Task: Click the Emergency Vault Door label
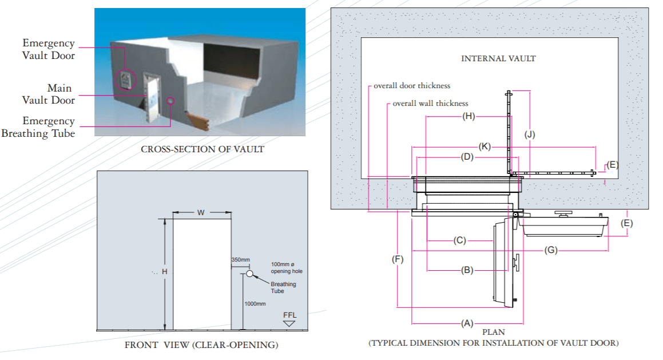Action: [49, 49]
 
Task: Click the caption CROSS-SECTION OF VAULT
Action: [203, 149]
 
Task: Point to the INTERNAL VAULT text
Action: [498, 58]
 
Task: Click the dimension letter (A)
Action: [467, 323]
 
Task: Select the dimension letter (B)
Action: [467, 270]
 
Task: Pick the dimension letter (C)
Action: [460, 240]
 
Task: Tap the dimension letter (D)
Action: [468, 156]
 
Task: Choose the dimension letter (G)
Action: [551, 250]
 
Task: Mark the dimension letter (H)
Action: [469, 117]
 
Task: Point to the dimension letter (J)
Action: [530, 135]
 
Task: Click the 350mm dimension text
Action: [240, 260]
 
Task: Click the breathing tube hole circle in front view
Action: [249, 274]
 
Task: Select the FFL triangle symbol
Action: [289, 323]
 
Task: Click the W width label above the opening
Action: [201, 213]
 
